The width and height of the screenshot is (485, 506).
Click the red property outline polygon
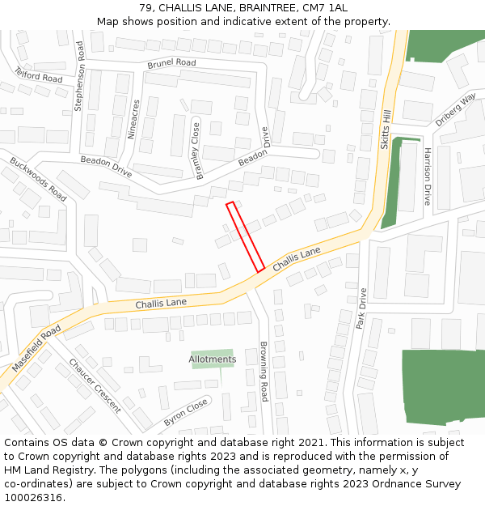[246, 236]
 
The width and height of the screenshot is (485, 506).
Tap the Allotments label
[213, 359]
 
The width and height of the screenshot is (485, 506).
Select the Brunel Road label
[171, 63]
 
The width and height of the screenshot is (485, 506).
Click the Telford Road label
[38, 75]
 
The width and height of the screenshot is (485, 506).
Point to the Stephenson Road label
[79, 77]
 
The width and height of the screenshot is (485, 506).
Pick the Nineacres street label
[134, 119]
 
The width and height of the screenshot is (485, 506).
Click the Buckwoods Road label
[38, 180]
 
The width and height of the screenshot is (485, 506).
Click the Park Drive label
[361, 308]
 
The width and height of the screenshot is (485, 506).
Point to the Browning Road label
[264, 372]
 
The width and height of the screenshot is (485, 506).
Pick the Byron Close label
[186, 410]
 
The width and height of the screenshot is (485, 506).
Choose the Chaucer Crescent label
[95, 385]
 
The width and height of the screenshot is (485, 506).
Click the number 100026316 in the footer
[32, 497]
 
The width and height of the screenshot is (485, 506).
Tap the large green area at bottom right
[443, 386]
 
